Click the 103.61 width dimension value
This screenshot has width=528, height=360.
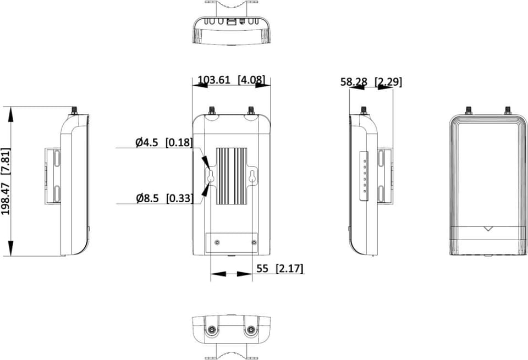click(214, 80)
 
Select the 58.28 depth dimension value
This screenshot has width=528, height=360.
click(354, 82)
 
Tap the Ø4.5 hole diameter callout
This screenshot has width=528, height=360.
click(146, 142)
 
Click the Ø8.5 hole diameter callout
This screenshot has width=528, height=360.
click(147, 198)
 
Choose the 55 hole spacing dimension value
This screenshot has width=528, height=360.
click(262, 268)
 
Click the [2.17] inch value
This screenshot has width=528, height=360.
click(289, 268)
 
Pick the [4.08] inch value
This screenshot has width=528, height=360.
click(251, 80)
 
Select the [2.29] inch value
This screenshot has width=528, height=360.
click(388, 82)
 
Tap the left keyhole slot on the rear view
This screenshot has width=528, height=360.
click(211, 176)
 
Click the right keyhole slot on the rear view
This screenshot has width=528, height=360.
click(252, 176)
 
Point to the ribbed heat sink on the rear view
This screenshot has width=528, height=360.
click(232, 176)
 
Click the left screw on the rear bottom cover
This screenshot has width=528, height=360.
click(217, 242)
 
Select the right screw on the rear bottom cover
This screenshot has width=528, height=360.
click(254, 242)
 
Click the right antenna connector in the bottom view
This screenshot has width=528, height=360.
click(250, 330)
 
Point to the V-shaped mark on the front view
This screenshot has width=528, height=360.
click(488, 229)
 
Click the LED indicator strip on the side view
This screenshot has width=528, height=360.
click(364, 176)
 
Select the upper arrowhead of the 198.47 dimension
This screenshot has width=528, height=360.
click(11, 114)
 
